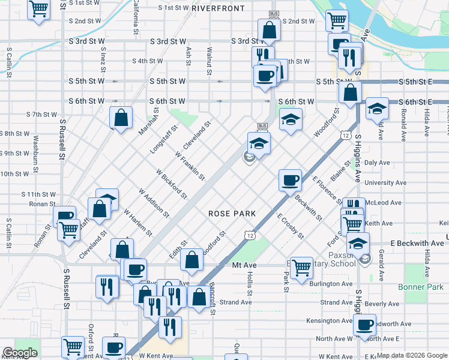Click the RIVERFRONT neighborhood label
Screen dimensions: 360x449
[218, 8]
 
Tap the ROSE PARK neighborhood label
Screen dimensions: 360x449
[232, 214]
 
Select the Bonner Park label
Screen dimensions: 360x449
[421, 287]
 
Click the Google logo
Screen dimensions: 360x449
[20, 353]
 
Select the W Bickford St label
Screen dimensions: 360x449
[172, 184]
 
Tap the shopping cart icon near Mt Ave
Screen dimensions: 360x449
[301, 268]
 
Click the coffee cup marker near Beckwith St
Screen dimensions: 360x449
[291, 180]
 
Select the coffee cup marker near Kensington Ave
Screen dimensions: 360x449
[364, 325]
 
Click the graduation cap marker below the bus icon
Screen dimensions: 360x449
[259, 145]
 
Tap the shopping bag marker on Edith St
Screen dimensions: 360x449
[191, 260]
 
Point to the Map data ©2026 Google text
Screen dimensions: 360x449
[412, 355]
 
